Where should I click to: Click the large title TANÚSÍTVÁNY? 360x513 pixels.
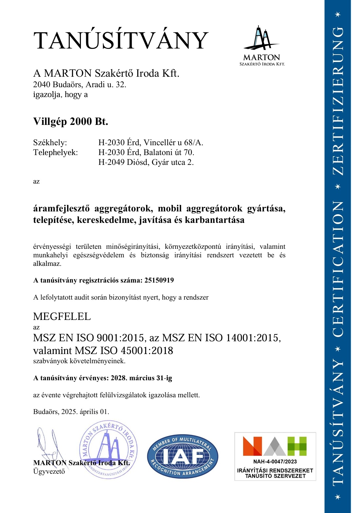[x=121, y=41]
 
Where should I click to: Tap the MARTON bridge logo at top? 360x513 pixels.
[x=262, y=45]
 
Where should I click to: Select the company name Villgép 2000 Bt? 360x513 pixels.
[x=70, y=122]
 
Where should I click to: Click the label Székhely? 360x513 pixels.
[x=50, y=143]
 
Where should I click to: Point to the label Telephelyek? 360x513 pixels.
[x=55, y=152]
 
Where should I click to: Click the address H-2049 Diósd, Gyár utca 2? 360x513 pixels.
[x=146, y=162]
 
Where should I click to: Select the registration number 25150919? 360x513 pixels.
[x=159, y=280]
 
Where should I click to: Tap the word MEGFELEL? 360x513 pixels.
[x=62, y=317]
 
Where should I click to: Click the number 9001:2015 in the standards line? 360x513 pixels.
[x=120, y=338]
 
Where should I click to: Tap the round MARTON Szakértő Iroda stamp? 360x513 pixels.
[x=108, y=449]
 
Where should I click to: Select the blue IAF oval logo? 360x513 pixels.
[x=182, y=456]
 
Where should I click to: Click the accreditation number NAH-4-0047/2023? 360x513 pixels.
[x=275, y=462]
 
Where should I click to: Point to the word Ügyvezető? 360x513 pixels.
[x=49, y=471]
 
